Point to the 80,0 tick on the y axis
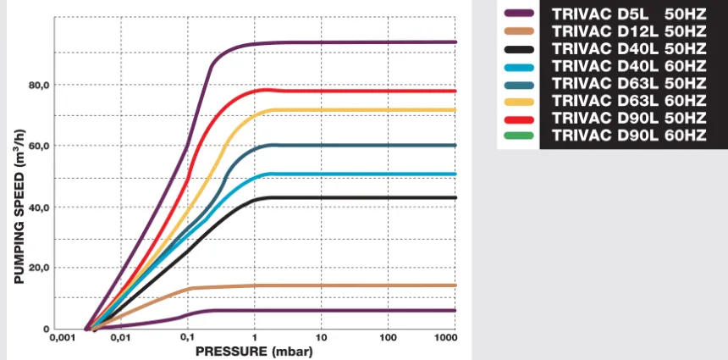pyautogui.click(x=40, y=85)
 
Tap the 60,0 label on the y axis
pyautogui.click(x=40, y=146)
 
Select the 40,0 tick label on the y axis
pyautogui.click(x=40, y=207)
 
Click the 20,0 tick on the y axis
pyautogui.click(x=40, y=268)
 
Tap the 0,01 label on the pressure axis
pyautogui.click(x=120, y=339)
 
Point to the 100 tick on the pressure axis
pyautogui.click(x=388, y=339)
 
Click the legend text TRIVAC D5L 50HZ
pyautogui.click(x=628, y=13)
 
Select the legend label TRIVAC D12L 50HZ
pyautogui.click(x=628, y=30)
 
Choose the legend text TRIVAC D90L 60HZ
pyautogui.click(x=628, y=135)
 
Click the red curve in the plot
pyautogui.click(x=356, y=91)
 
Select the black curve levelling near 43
pyautogui.click(x=356, y=197)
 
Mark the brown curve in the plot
pyautogui.click(x=356, y=285)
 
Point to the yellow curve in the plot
pyautogui.click(x=356, y=110)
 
